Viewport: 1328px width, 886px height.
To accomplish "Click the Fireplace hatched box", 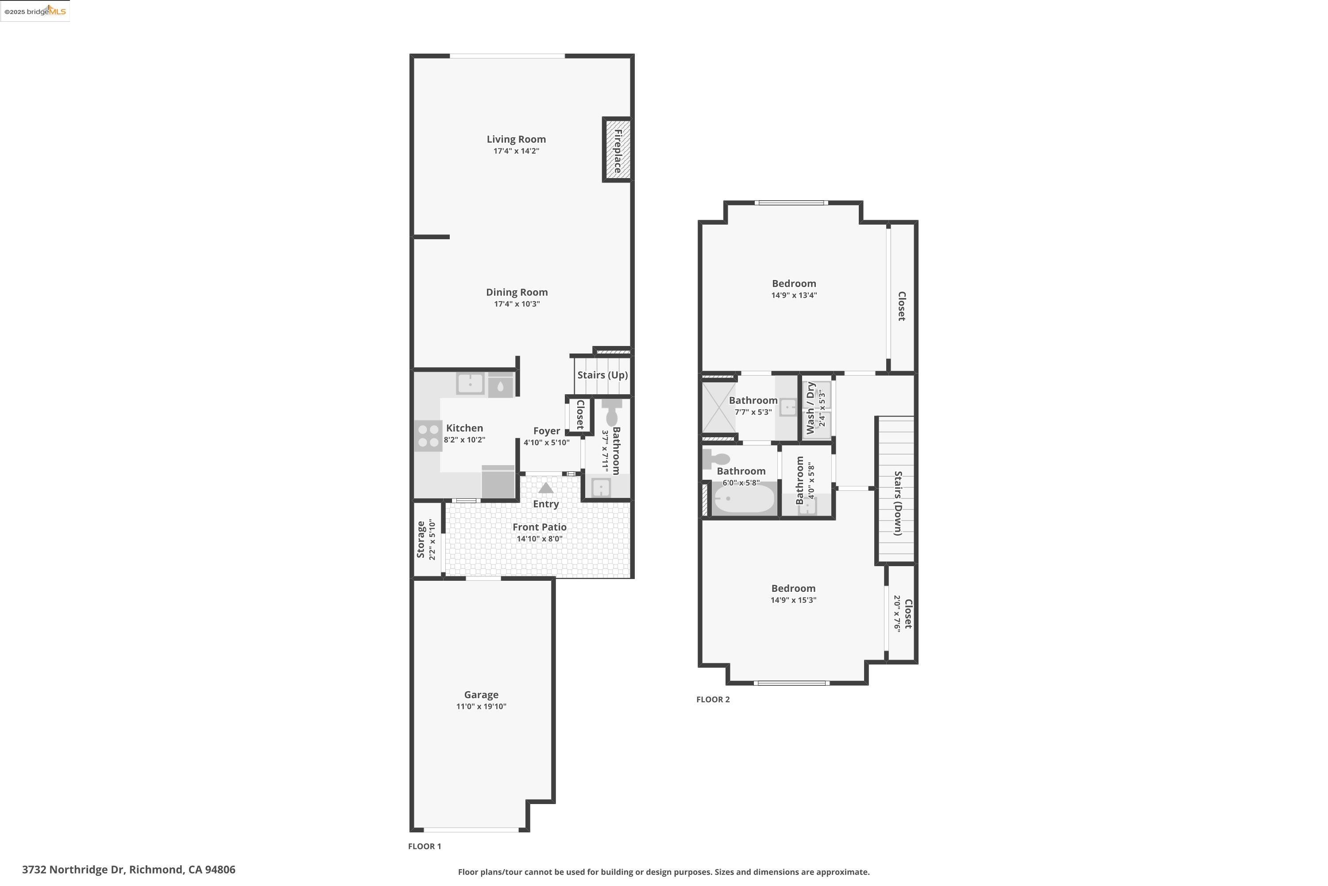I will (x=617, y=150).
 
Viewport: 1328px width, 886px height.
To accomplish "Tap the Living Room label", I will (x=516, y=139).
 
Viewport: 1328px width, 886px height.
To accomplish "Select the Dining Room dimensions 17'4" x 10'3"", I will (x=517, y=304).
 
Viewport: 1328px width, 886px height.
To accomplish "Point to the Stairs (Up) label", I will (x=602, y=375).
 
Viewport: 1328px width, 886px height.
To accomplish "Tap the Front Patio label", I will (x=539, y=527).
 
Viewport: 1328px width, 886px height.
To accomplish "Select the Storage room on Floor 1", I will (x=426, y=540).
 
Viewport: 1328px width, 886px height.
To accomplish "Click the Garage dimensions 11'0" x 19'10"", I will (x=481, y=706).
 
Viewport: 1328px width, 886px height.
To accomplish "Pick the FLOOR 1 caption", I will (x=424, y=846).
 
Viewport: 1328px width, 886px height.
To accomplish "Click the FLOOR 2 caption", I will (x=713, y=699).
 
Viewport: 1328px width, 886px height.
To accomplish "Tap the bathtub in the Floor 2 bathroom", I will (x=743, y=500).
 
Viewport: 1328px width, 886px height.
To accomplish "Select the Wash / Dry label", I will (x=811, y=408).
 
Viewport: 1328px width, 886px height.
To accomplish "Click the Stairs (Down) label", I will (x=898, y=503).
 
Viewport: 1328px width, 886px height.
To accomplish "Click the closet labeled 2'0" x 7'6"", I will (x=902, y=614).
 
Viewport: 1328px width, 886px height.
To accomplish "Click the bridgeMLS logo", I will (x=35, y=12).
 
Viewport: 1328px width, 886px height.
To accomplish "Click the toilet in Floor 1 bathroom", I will (x=611, y=413).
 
